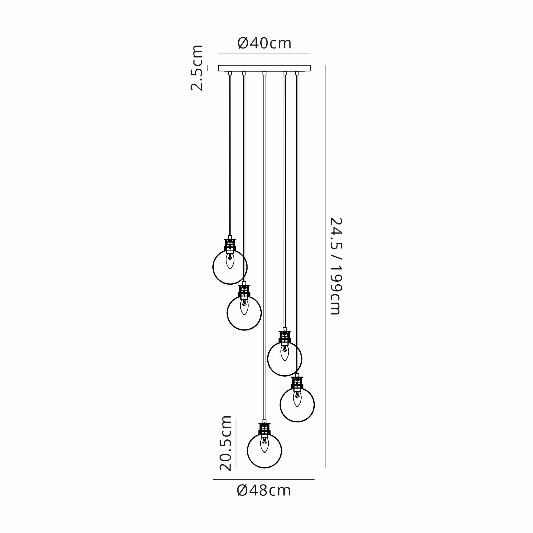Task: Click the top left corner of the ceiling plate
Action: point(219,65)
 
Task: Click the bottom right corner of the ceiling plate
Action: point(310,71)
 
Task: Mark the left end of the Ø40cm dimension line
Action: point(219,54)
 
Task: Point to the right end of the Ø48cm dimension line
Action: point(314,479)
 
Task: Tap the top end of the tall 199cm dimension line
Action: point(326,66)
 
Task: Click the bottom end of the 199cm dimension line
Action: point(326,468)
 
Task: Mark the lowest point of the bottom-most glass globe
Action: point(264,468)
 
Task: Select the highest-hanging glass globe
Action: point(230,267)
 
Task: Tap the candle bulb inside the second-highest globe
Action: point(244,307)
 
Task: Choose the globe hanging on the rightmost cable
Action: point(297,405)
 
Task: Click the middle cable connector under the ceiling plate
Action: point(264,73)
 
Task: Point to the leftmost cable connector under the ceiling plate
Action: point(230,73)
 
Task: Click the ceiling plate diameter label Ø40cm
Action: point(264,43)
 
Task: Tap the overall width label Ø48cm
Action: point(264,491)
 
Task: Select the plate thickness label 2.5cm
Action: point(197,68)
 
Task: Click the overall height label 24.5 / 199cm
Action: point(336,266)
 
